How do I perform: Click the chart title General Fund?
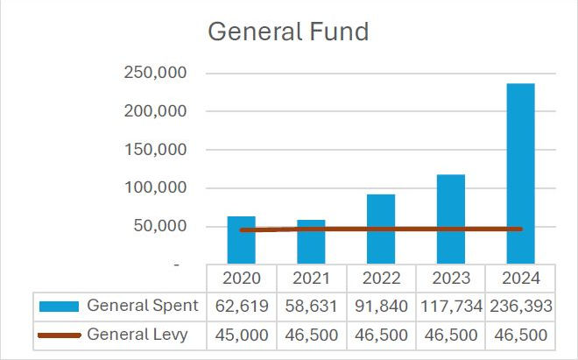point(288,32)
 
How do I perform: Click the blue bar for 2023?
point(451,218)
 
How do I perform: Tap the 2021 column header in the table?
point(311,278)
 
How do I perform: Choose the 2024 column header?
point(521,278)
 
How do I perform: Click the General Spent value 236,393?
point(521,306)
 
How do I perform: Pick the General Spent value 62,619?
point(241,306)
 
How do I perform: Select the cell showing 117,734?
point(451,306)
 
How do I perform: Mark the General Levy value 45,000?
point(241,335)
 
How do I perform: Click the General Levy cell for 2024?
point(521,335)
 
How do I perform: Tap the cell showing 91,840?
point(381,306)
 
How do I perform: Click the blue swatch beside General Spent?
point(60,306)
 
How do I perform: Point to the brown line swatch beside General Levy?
point(60,335)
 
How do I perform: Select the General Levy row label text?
point(137,335)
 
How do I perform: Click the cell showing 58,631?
point(311,306)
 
